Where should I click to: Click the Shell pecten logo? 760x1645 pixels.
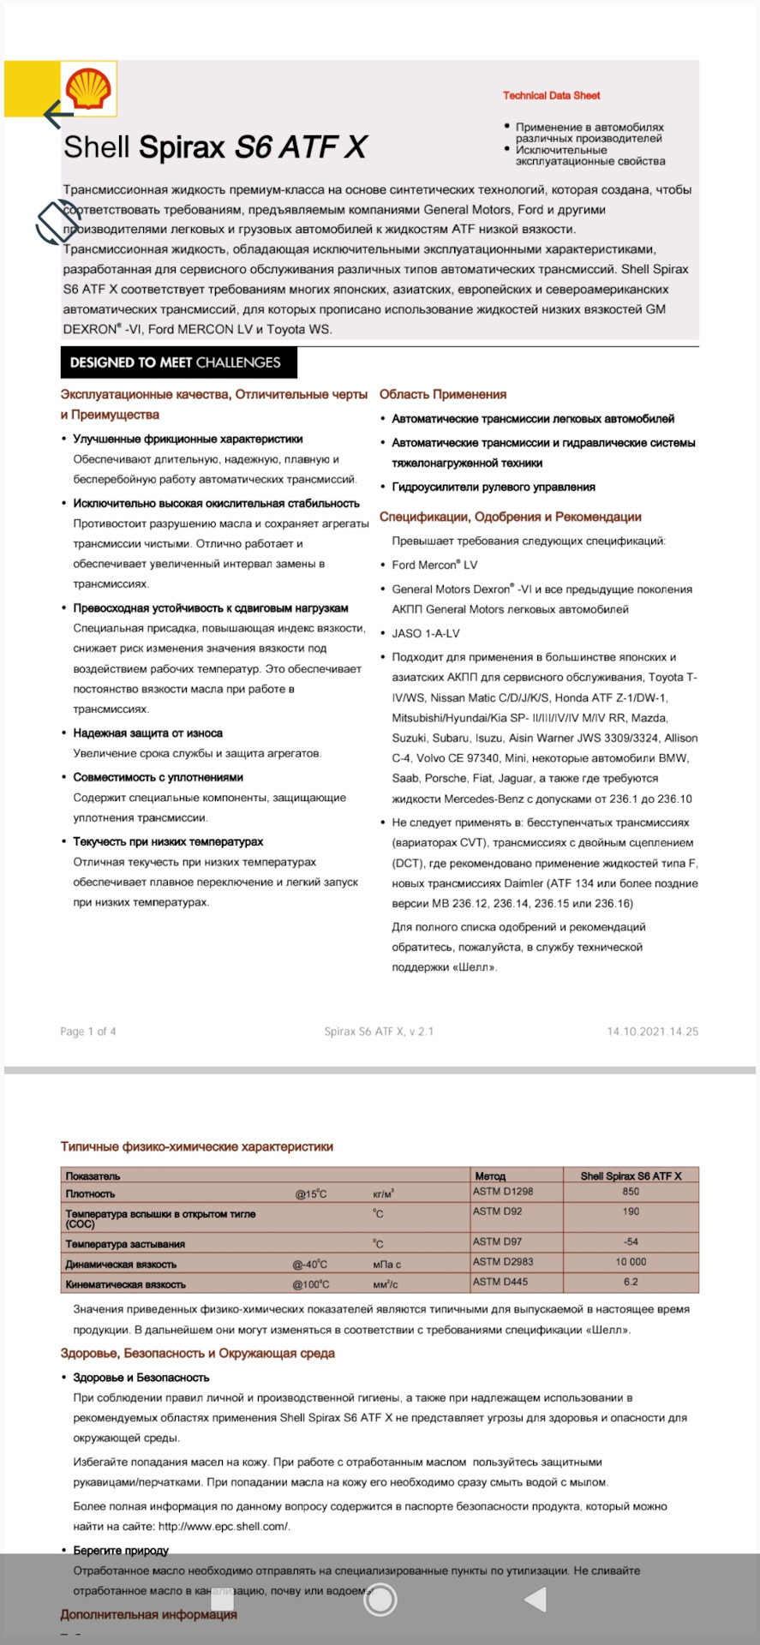pos(89,89)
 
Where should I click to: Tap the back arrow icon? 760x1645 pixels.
pos(58,113)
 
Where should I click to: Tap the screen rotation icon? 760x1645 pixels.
pos(57,223)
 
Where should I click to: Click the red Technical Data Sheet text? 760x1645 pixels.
pos(551,95)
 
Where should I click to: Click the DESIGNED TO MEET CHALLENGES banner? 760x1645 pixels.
pos(178,362)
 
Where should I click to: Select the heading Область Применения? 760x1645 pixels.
pos(442,394)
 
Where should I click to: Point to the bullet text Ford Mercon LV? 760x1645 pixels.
pos(434,565)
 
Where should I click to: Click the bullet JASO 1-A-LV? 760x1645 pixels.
pos(426,633)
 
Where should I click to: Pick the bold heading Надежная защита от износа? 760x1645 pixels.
pos(147,733)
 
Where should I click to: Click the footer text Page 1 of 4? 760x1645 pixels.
pos(88,1032)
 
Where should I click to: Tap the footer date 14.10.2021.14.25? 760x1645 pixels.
pos(652,1032)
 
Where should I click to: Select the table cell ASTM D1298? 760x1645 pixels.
pos(503,1192)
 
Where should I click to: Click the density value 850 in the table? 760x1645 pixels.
pos(631,1192)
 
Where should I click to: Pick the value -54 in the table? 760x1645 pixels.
pos(631,1241)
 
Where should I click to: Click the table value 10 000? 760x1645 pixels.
pos(631,1262)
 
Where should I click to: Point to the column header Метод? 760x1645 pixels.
pos(490,1175)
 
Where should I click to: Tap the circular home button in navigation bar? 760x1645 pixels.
pos(380,1599)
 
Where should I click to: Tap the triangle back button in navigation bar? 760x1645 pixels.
pos(536,1599)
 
